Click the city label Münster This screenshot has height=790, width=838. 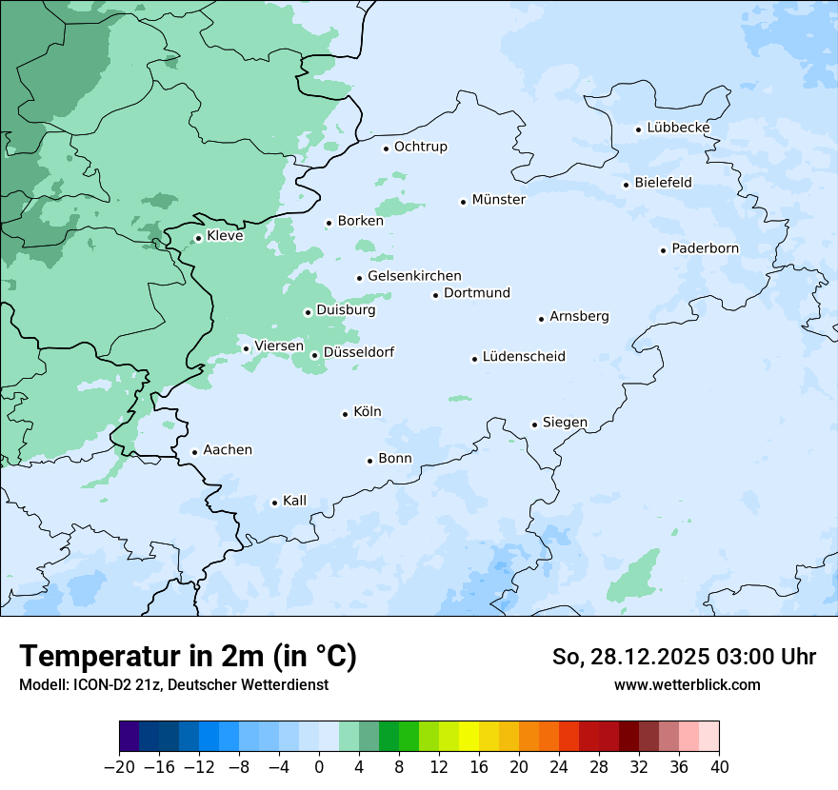[498, 200]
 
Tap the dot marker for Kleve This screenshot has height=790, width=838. [198, 238]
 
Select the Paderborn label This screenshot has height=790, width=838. [705, 248]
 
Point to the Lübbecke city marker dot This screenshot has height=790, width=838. [639, 129]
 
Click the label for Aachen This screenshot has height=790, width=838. [228, 449]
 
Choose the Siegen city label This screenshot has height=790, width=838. [565, 422]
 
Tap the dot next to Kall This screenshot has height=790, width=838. [274, 503]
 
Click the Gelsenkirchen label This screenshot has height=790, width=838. [414, 276]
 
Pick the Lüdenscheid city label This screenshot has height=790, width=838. [524, 357]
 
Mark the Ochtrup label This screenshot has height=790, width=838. [420, 147]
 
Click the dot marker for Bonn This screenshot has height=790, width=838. [369, 461]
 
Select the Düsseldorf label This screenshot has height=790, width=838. [359, 352]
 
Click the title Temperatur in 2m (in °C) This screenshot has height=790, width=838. [188, 656]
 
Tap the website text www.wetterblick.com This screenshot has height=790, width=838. [687, 684]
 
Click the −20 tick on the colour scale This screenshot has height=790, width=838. [119, 767]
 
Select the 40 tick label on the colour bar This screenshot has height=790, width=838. [719, 767]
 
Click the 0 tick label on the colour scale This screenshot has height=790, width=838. [319, 767]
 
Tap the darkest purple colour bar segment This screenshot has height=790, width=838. [129, 737]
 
